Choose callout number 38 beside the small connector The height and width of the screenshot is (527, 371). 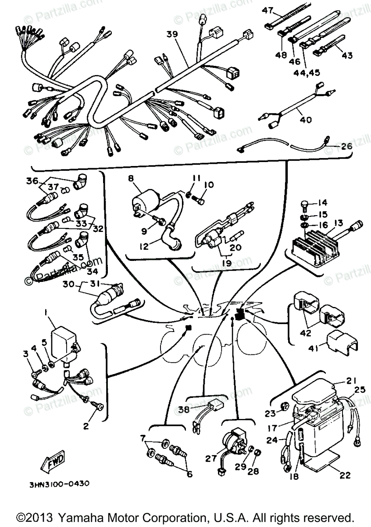click(184, 410)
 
